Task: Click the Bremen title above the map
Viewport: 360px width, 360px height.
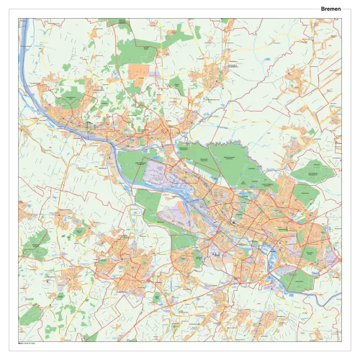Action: coord(331,9)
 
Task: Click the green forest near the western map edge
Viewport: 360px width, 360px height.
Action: coord(35,246)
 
